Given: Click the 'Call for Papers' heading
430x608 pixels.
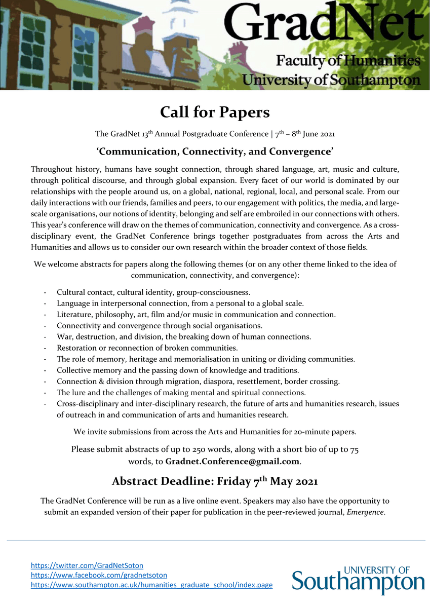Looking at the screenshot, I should (x=215, y=112).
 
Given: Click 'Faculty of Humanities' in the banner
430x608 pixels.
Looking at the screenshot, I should (x=348, y=61).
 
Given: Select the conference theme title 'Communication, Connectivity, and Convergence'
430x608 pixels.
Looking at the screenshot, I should (x=215, y=151).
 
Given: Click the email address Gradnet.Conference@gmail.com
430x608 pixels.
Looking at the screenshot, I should (x=232, y=462).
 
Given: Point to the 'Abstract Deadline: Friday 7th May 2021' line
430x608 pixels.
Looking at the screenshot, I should (x=215, y=481).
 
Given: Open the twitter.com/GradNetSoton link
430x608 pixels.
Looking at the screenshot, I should (x=87, y=565).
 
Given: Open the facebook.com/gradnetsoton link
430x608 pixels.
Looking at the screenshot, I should (x=99, y=575).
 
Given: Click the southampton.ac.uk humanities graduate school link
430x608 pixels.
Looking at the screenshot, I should (x=151, y=585).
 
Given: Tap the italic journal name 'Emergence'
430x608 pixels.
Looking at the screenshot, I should (x=365, y=512).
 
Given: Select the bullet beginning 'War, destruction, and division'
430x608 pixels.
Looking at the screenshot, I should (x=184, y=337).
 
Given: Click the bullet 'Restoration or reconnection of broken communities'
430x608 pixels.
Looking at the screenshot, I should (x=147, y=348).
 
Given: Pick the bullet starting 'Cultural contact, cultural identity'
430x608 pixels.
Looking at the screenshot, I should (x=153, y=292).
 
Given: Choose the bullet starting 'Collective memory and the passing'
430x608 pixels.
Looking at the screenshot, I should (x=177, y=370).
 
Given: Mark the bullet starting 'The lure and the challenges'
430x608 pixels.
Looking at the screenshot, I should (x=181, y=393).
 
